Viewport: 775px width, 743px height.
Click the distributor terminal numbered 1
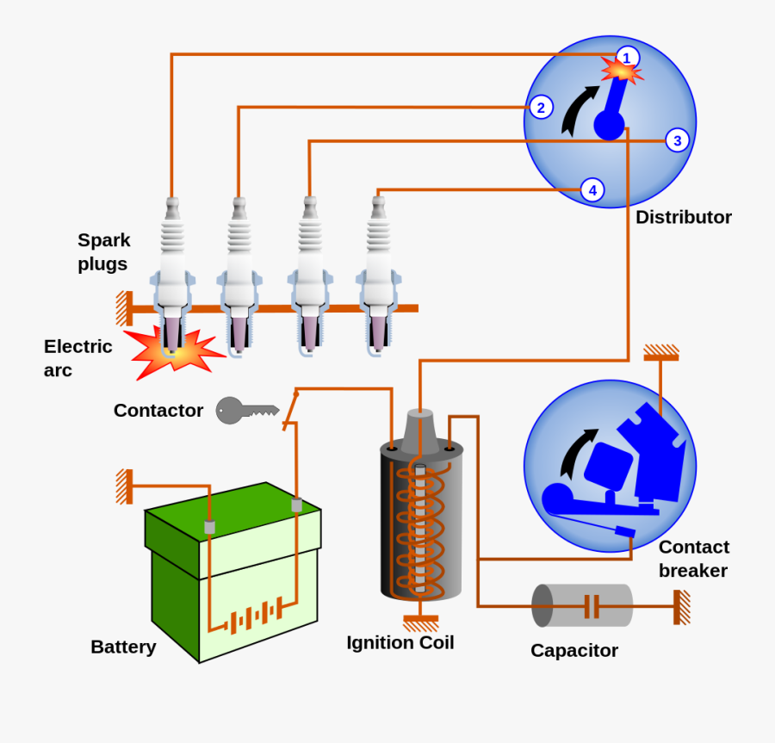[626, 58]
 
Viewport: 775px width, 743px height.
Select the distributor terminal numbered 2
[541, 107]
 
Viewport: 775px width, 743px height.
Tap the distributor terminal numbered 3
[678, 140]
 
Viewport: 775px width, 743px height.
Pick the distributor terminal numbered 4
[592, 189]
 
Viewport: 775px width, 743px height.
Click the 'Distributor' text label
[683, 217]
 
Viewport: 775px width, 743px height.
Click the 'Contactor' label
[158, 411]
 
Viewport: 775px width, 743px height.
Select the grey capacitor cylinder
[582, 605]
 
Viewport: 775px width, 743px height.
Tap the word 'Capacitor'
[573, 650]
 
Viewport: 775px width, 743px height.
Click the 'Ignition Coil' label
[400, 642]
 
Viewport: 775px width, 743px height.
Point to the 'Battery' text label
[123, 647]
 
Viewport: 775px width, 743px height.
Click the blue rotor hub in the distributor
[609, 126]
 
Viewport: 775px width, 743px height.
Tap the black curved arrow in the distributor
[577, 112]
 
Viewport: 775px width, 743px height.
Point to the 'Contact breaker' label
[693, 559]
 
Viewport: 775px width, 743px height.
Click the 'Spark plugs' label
[103, 251]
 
